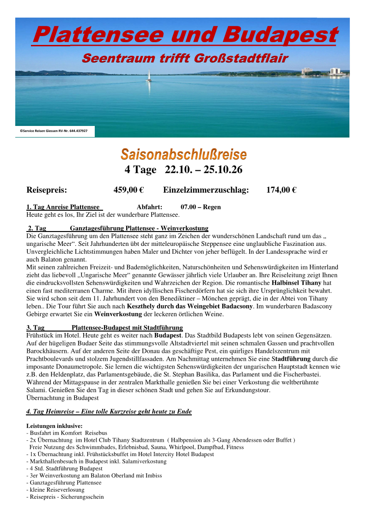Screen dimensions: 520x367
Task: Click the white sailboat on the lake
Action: coord(149,76)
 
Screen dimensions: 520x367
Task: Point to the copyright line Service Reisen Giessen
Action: coord(54,131)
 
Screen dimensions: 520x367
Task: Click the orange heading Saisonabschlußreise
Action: coord(183,154)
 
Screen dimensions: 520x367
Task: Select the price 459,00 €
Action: coord(128,189)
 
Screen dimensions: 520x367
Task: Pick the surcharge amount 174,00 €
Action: coord(281,189)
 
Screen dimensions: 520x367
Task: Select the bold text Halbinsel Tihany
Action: coord(295,282)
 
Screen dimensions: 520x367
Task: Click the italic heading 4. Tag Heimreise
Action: coord(109,411)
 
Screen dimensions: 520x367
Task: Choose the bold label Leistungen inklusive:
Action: coord(55,426)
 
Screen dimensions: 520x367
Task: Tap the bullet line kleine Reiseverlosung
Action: coord(56,489)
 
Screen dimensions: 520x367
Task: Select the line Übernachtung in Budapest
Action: coord(62,397)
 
